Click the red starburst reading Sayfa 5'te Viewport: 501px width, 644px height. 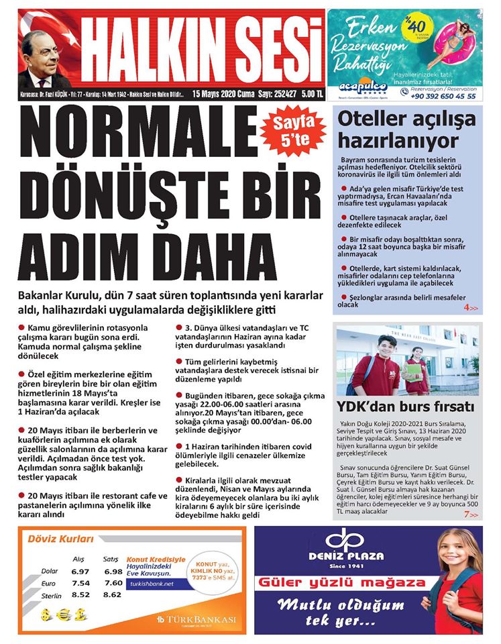[290, 132]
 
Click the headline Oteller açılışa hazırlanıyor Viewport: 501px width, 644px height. [406, 129]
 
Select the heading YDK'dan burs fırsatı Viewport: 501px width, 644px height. [406, 407]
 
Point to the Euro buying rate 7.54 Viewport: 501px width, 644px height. [80, 583]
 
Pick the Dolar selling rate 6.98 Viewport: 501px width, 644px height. [113, 571]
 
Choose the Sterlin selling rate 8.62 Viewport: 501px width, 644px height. [113, 594]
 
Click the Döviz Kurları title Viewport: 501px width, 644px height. [59, 539]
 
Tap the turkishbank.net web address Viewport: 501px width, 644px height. [152, 584]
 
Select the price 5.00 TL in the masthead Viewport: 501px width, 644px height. [311, 95]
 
